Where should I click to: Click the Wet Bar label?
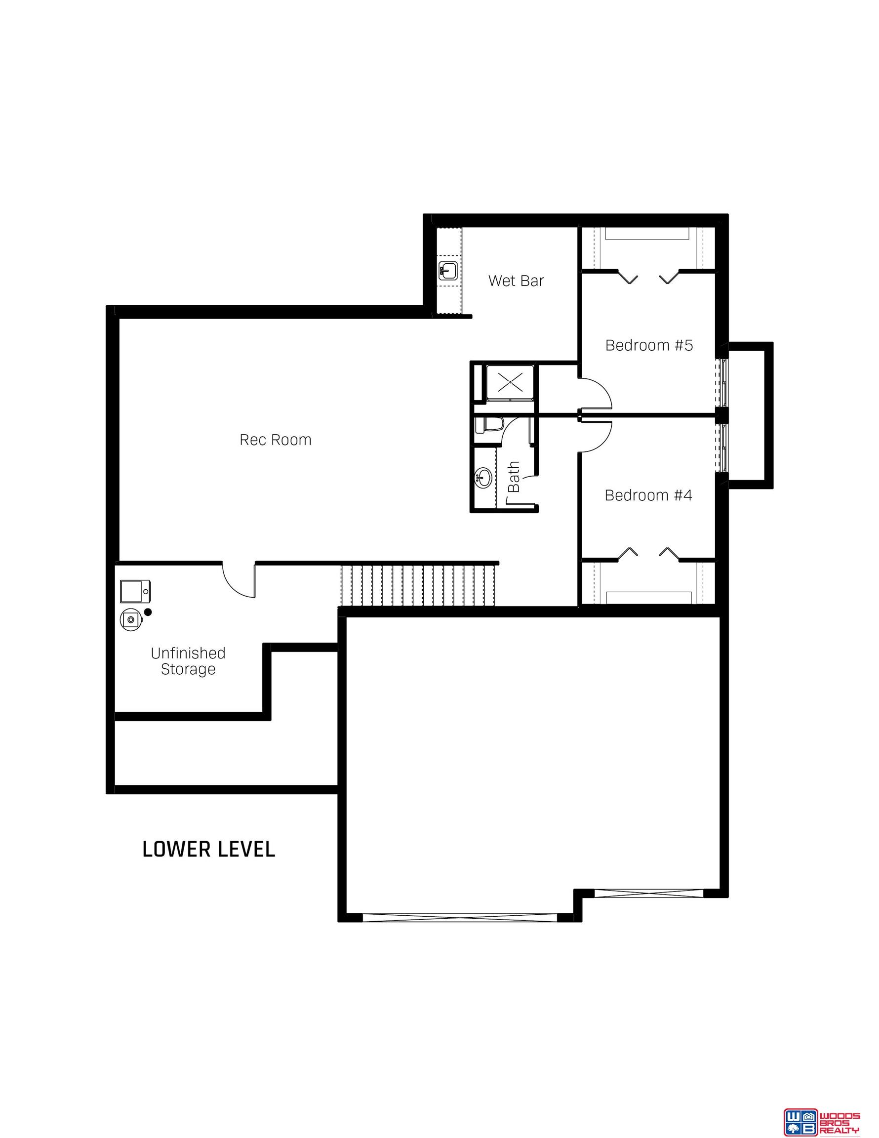[x=516, y=281]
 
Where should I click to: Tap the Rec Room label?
[x=275, y=440]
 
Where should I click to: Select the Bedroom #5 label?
[x=649, y=345]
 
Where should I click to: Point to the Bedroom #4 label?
[x=648, y=495]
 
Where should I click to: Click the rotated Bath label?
[x=514, y=476]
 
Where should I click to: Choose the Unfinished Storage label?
[x=188, y=661]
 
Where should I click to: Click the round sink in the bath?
[x=483, y=477]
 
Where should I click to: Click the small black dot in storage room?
[x=148, y=612]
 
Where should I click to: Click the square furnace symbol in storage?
[x=135, y=591]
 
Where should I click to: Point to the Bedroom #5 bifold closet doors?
[x=648, y=277]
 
